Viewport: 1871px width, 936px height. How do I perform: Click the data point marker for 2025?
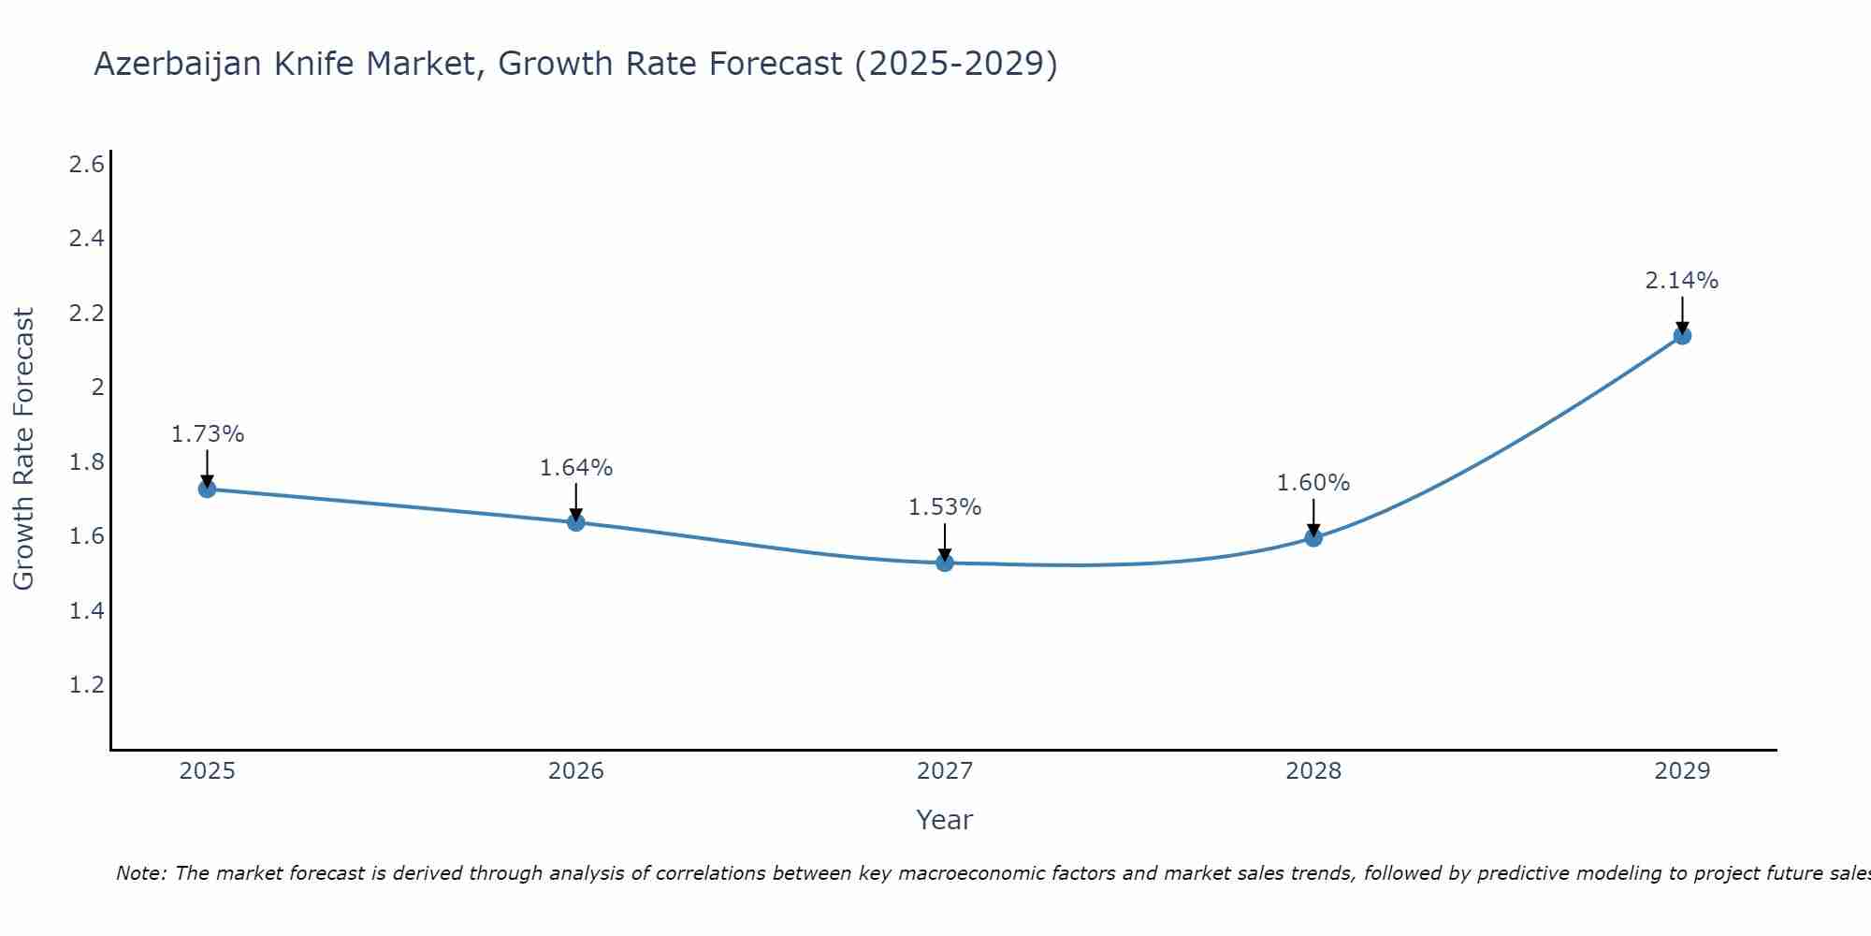pos(207,489)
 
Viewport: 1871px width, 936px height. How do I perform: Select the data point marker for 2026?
pos(576,522)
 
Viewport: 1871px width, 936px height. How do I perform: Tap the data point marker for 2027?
pos(945,563)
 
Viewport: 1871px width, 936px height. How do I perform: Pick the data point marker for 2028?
pos(1313,537)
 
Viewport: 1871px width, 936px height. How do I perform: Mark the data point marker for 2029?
pos(1682,335)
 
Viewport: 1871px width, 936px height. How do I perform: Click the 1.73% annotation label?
pos(207,434)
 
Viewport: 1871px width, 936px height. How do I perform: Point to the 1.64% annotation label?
pos(576,468)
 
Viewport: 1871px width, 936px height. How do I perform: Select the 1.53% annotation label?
pos(945,507)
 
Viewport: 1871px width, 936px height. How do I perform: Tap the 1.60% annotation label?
pos(1313,483)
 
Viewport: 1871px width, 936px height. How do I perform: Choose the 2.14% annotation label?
pos(1682,281)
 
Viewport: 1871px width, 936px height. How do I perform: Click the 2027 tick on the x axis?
pos(945,771)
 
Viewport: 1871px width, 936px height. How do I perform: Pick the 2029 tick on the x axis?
pos(1682,771)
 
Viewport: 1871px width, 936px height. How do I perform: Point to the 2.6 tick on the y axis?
pos(86,165)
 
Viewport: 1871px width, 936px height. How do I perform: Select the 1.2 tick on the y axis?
pos(86,685)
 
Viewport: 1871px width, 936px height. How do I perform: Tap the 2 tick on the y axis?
pos(96,387)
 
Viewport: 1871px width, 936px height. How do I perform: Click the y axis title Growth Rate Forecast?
pos(23,449)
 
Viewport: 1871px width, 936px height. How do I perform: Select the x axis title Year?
pos(945,820)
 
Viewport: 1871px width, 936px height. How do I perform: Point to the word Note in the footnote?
pos(140,873)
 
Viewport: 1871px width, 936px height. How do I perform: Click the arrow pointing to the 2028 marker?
pos(1313,517)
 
